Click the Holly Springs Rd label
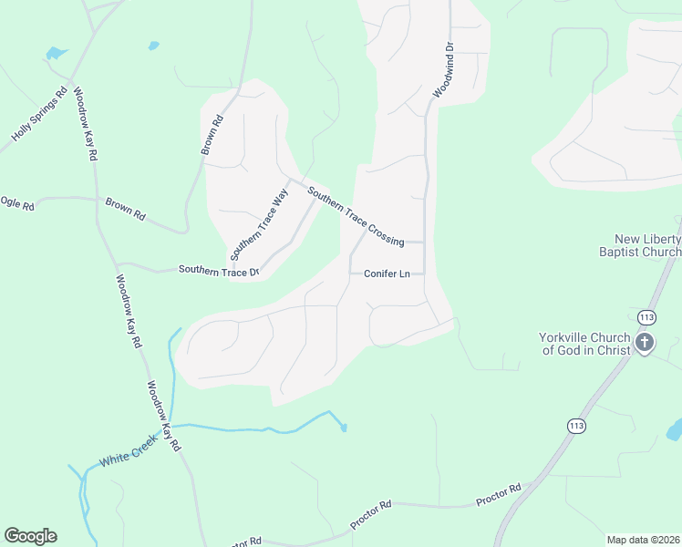point(39,114)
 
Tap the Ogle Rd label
point(16,203)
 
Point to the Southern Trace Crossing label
point(356,216)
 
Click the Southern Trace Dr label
point(219,270)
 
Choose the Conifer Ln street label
point(387,273)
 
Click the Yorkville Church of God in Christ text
point(584,344)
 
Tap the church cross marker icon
point(646,344)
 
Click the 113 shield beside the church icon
point(646,317)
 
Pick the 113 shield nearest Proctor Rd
point(576,426)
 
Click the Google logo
point(30,536)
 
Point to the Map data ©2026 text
point(644,540)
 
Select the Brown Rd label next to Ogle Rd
point(125,209)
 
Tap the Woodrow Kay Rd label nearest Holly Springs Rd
point(85,124)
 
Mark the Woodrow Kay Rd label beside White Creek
point(165,416)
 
